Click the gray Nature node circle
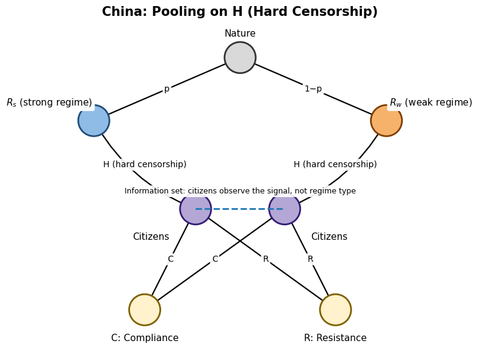tap(240, 57)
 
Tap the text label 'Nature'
tap(240, 34)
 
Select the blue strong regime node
tap(94, 121)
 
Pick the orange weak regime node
tap(386, 121)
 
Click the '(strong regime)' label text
tap(56, 103)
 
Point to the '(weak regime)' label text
tap(438, 103)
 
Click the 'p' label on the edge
tap(167, 89)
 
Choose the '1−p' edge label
tap(313, 89)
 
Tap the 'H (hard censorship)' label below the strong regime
tap(145, 164)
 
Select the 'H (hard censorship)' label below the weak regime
tap(335, 164)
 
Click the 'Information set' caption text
tap(240, 191)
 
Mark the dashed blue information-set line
tap(240, 209)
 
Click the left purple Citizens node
tap(195, 209)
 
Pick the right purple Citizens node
tap(284, 209)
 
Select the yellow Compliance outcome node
tap(145, 309)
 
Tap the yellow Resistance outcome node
tap(335, 309)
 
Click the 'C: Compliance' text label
tap(145, 338)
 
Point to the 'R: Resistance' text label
tap(335, 338)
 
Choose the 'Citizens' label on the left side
tap(151, 237)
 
